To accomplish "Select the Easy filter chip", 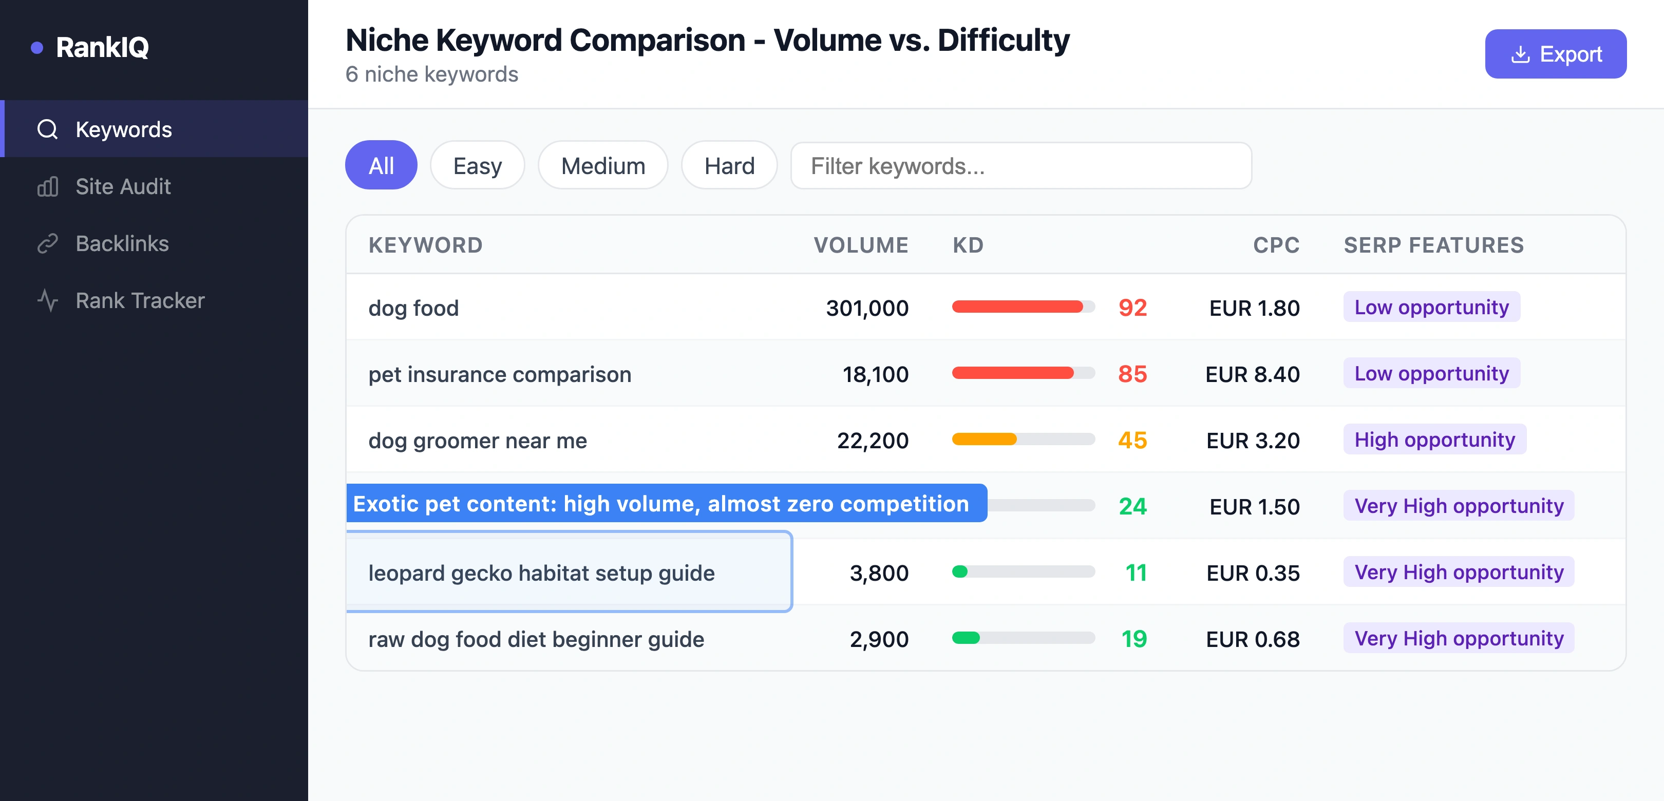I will [477, 165].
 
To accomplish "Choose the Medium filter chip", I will [602, 165].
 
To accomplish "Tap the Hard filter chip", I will [729, 165].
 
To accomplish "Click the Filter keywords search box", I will [1020, 165].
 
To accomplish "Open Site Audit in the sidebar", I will [123, 187].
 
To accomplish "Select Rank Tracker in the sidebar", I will [140, 300].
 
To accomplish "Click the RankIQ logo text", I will [102, 47].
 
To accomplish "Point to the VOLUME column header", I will [860, 245].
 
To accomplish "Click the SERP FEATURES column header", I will [1433, 245].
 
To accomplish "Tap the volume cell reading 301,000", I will [867, 308].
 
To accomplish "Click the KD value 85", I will [1132, 373].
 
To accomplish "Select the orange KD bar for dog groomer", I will [984, 439].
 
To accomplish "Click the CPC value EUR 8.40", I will [1252, 374].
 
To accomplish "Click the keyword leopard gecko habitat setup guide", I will [541, 573].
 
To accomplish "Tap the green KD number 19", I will [1133, 638].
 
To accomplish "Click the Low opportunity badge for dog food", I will [1431, 307].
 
